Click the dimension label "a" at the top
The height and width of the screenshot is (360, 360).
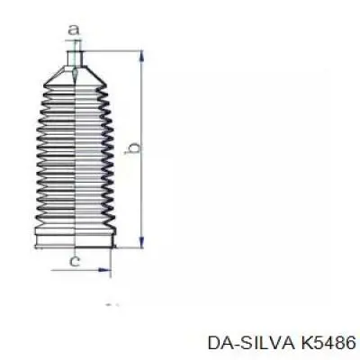[x=74, y=31]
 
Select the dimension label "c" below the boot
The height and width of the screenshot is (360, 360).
[x=75, y=261]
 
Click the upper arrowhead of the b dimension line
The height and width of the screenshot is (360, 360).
[x=141, y=57]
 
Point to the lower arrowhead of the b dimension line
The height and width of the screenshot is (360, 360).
[x=141, y=242]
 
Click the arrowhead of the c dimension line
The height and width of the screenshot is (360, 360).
[x=104, y=270]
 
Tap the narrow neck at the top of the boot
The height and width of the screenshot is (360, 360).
[x=75, y=58]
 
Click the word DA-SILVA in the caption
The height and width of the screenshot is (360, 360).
[x=249, y=343]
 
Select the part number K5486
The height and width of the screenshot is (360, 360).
[x=328, y=343]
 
